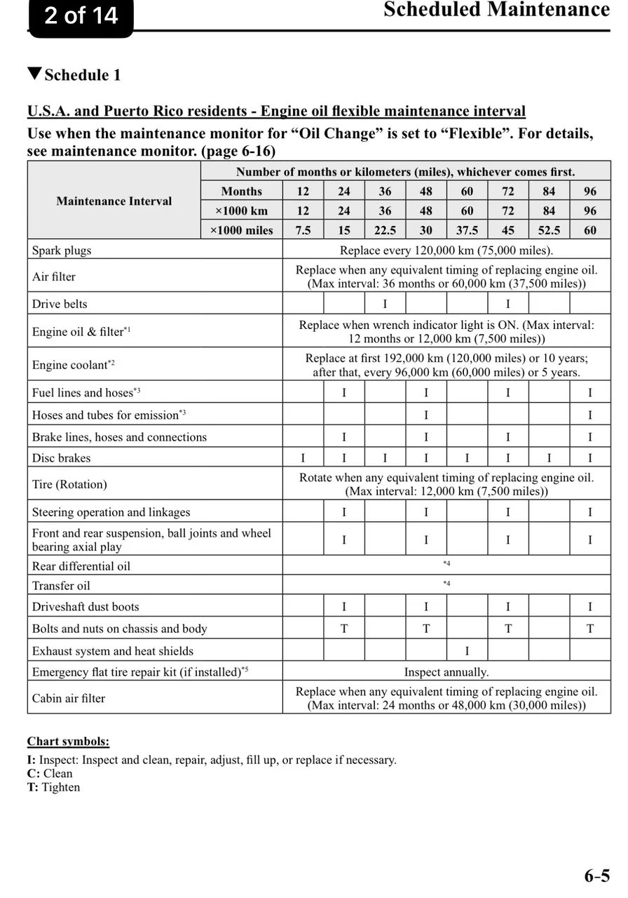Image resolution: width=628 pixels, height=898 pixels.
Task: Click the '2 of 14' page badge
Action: tap(81, 15)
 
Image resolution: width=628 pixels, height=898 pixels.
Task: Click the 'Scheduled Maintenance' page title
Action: tap(496, 10)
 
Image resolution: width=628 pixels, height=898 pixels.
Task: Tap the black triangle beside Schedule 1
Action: tap(34, 74)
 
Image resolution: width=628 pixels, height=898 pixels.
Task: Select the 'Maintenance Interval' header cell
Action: tap(114, 201)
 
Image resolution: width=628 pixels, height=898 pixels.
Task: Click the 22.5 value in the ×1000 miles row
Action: tap(385, 230)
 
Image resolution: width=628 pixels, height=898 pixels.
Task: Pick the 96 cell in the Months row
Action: tap(590, 191)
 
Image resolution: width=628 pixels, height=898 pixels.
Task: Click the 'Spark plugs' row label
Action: tap(62, 250)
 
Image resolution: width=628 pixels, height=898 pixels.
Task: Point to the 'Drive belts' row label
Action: tap(60, 304)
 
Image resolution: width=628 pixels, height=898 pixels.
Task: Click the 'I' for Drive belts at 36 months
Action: tap(385, 304)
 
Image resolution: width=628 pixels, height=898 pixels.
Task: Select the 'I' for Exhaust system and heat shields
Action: tap(467, 650)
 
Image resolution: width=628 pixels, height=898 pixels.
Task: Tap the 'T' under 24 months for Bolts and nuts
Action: tap(344, 629)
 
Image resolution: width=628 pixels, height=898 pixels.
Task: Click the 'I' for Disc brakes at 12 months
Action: tap(303, 458)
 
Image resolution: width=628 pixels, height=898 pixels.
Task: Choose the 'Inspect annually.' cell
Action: tap(446, 672)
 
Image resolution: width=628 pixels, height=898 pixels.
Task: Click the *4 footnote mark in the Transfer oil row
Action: tap(446, 584)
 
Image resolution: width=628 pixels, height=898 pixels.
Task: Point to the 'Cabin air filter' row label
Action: tap(69, 698)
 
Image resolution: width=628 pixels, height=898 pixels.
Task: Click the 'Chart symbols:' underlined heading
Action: tap(68, 742)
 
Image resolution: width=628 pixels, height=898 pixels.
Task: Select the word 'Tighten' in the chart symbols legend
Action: tap(61, 787)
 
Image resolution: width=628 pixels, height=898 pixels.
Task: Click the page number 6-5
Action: tap(597, 876)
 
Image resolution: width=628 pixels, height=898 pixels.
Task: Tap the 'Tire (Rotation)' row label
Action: tap(69, 484)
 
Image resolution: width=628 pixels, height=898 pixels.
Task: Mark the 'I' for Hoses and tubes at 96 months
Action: tap(590, 415)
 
